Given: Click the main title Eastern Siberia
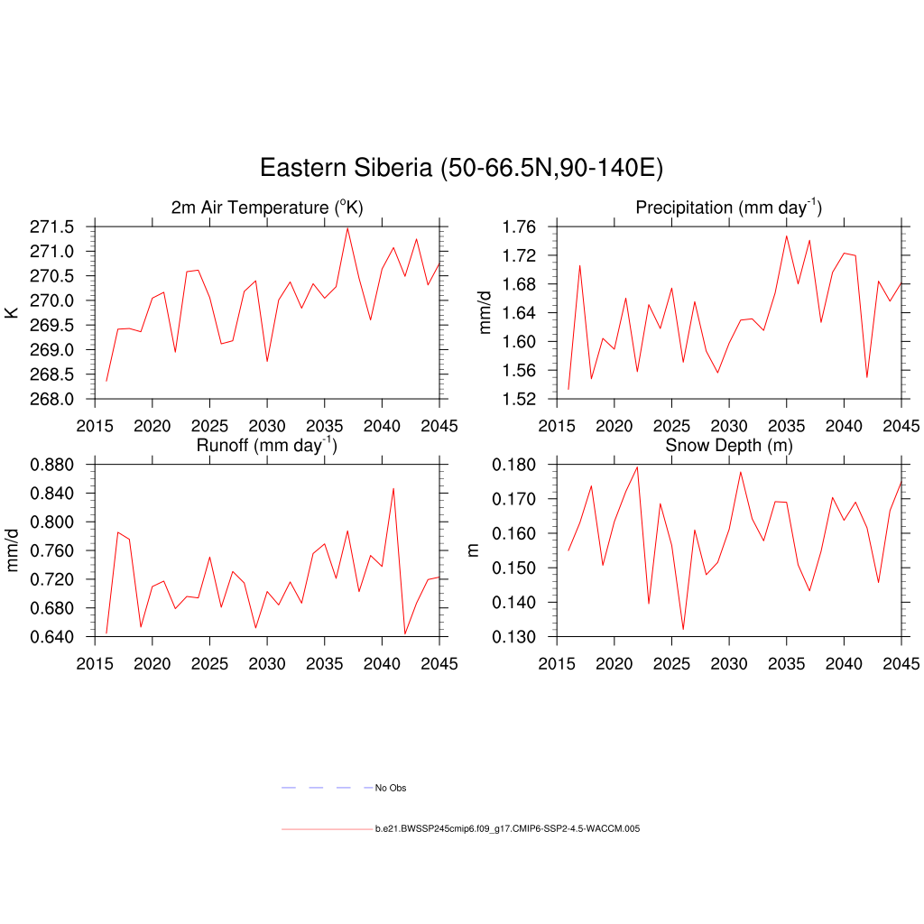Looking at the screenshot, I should click(x=461, y=168).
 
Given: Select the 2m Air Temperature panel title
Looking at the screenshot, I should click(x=267, y=208).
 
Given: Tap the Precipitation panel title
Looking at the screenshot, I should click(x=728, y=208).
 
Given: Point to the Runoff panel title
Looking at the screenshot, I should click(x=267, y=445).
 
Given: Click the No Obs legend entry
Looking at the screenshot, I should click(x=391, y=788).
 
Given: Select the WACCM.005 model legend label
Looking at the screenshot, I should click(x=507, y=828).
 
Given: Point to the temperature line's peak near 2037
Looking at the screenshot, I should click(x=347, y=227).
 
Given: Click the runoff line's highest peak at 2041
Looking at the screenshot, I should click(x=393, y=488).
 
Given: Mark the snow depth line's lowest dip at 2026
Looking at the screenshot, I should click(x=683, y=629).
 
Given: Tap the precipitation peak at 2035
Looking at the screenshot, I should click(x=786, y=236).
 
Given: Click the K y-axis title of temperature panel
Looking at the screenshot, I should click(x=12, y=312).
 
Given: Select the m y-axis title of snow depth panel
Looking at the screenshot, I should click(x=474, y=550).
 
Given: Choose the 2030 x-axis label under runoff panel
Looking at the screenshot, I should click(x=266, y=664).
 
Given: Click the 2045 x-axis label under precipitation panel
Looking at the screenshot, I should click(x=901, y=426).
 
